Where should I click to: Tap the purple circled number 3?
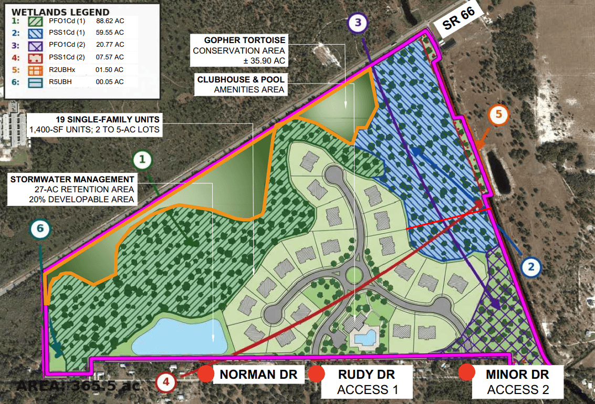tap(357, 23)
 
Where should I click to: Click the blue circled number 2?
tap(531, 267)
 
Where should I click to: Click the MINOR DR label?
tap(517, 375)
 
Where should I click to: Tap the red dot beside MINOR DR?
tap(466, 373)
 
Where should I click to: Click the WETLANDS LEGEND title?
tap(60, 12)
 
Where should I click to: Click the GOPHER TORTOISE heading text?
tap(245, 40)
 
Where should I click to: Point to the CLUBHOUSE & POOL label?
tap(241, 79)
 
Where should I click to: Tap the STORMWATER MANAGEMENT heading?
tap(72, 179)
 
